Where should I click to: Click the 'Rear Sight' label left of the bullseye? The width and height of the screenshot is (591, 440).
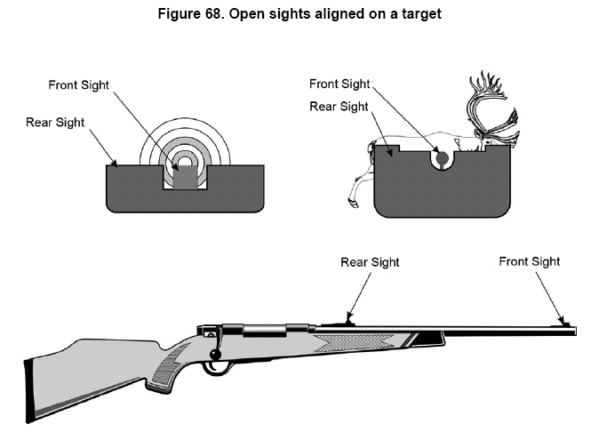(x=54, y=122)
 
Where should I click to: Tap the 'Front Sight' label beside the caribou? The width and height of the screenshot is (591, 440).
(x=339, y=84)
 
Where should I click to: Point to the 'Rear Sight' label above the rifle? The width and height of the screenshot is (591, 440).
(x=370, y=261)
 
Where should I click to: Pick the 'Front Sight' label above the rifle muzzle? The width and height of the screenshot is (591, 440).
(x=529, y=261)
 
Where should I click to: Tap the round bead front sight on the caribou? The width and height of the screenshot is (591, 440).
(x=442, y=157)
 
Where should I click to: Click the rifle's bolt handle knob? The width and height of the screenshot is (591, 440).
(x=215, y=356)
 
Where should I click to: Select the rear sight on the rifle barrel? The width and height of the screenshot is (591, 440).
(x=347, y=321)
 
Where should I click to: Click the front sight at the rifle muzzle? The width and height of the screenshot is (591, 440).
(x=563, y=323)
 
